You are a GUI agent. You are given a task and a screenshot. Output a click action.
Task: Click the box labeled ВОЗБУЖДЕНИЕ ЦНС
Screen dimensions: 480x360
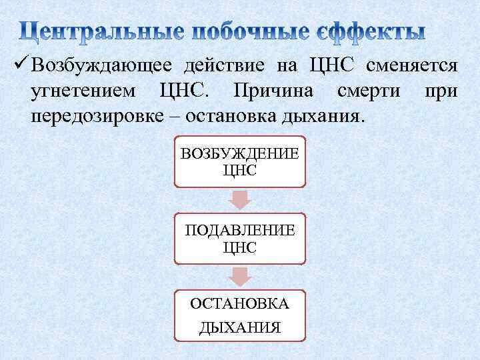[x=239, y=161]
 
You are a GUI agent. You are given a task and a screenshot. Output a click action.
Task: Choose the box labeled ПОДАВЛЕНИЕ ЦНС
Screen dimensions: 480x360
[x=239, y=238]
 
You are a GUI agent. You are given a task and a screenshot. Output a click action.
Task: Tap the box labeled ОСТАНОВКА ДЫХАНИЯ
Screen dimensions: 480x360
[x=239, y=315]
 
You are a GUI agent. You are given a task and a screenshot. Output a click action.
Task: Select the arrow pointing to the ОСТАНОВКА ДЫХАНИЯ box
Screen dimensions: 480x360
[x=239, y=277]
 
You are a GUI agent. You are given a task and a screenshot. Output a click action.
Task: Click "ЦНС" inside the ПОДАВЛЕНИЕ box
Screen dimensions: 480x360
[x=239, y=247]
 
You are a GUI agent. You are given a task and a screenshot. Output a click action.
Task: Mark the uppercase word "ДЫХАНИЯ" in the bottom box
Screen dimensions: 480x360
[x=239, y=327]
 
